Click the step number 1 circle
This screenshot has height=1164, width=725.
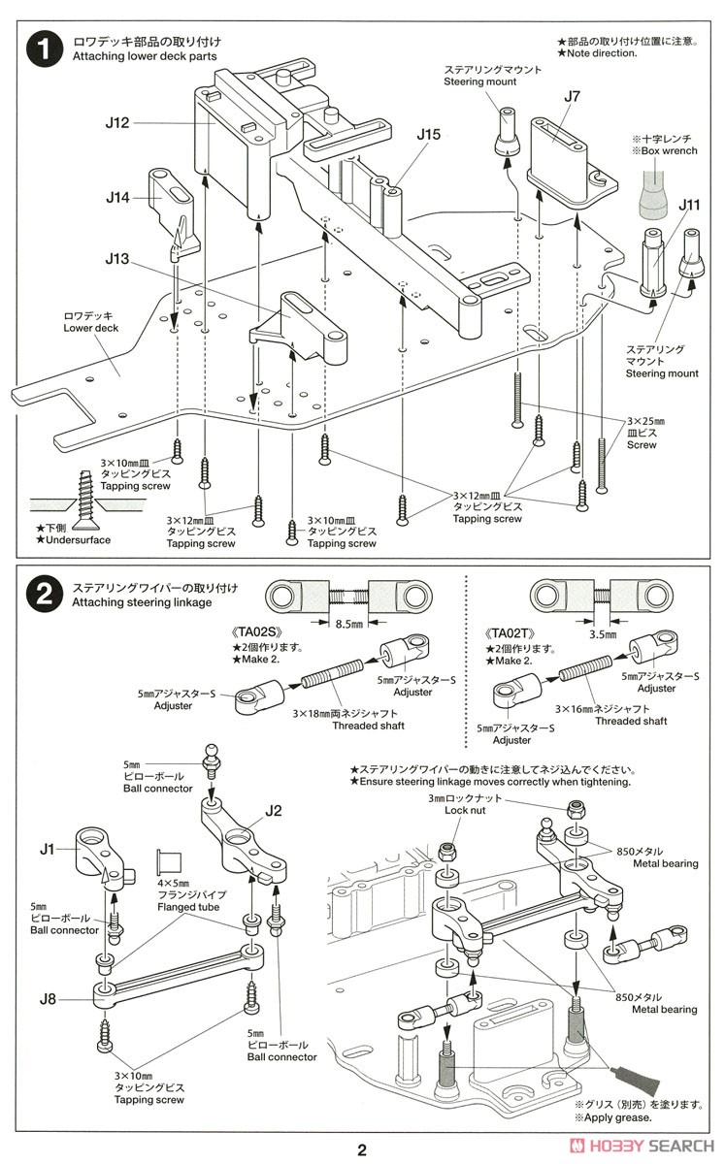pyautogui.click(x=45, y=51)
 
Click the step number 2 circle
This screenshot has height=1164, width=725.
pyautogui.click(x=45, y=595)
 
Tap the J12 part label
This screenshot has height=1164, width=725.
pyautogui.click(x=117, y=123)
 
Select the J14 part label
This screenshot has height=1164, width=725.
pyautogui.click(x=117, y=198)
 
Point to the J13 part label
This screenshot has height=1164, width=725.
pyautogui.click(x=117, y=259)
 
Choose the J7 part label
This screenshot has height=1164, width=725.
pyautogui.click(x=572, y=96)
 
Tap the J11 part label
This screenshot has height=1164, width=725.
pyautogui.click(x=690, y=205)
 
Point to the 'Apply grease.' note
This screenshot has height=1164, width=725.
pyautogui.click(x=613, y=1117)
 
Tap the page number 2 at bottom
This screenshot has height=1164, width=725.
pyautogui.click(x=362, y=1150)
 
